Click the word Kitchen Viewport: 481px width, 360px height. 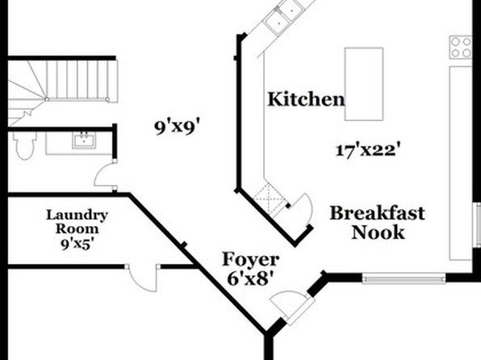click(306, 99)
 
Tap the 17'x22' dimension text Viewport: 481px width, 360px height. click(368, 150)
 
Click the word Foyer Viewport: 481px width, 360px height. click(251, 260)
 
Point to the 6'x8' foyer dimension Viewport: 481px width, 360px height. click(250, 279)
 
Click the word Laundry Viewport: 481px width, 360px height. click(77, 216)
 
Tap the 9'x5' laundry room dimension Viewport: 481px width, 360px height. click(77, 244)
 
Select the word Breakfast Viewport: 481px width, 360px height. click(378, 213)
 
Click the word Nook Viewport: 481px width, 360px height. click(378, 232)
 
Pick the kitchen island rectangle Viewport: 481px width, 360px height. click(364, 84)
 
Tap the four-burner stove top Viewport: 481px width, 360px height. click(461, 48)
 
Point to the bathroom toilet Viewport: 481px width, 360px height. click(24, 144)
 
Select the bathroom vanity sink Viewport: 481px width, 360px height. click(84, 140)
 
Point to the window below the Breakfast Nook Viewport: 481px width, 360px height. click(404, 278)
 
